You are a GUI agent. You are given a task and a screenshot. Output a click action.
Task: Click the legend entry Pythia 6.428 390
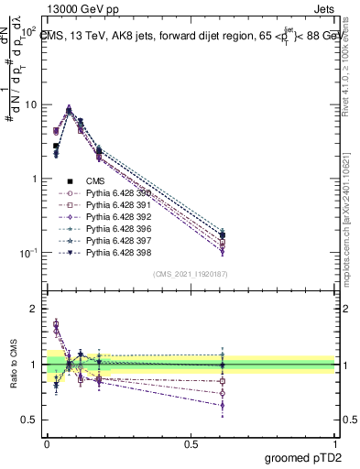pyautogui.click(x=113, y=193)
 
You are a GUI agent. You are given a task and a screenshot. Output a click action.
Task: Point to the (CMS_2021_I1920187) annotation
pyautogui.click(x=191, y=274)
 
